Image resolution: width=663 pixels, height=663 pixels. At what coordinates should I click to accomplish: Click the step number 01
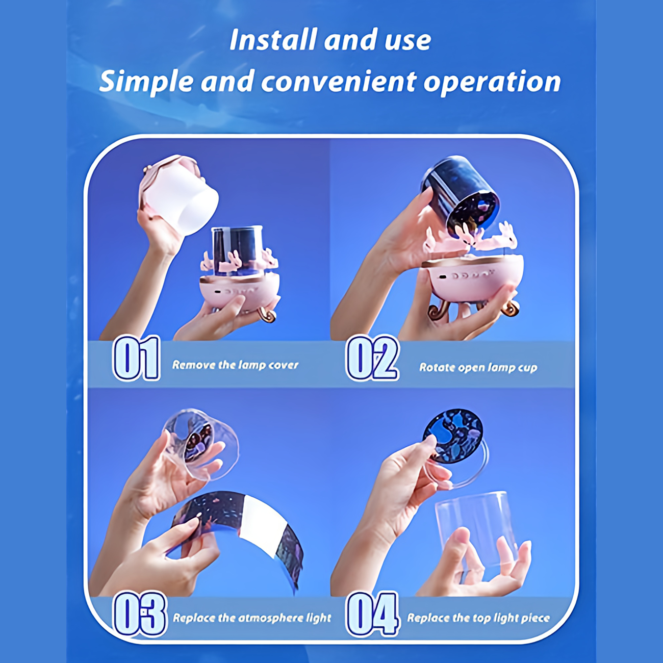pyautogui.click(x=137, y=358)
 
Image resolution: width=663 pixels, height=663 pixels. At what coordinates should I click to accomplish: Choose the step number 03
pyautogui.click(x=139, y=614)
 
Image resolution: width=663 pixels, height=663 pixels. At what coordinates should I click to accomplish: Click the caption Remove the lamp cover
pyautogui.click(x=235, y=365)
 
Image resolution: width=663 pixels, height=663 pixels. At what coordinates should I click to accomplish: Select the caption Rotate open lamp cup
pyautogui.click(x=478, y=368)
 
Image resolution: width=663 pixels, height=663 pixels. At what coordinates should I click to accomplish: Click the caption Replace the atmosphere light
pyautogui.click(x=251, y=618)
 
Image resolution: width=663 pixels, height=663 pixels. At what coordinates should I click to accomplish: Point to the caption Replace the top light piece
pyautogui.click(x=478, y=618)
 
